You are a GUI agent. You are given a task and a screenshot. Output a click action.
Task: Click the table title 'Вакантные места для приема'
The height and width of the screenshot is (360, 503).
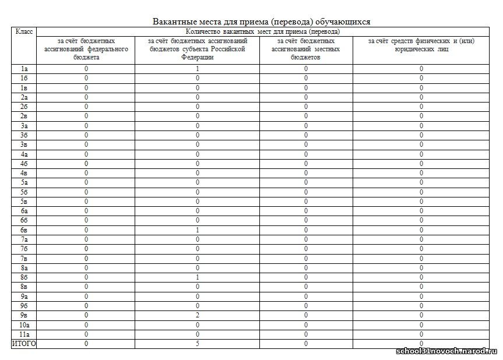261,22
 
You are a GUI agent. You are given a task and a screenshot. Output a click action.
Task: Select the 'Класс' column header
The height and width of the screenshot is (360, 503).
24,31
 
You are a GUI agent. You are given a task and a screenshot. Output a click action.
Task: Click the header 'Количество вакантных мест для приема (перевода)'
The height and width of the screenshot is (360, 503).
262,31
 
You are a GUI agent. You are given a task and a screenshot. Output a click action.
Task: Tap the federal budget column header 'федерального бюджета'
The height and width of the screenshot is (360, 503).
86,50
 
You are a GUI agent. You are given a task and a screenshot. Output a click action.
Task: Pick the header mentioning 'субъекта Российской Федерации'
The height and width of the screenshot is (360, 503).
198,50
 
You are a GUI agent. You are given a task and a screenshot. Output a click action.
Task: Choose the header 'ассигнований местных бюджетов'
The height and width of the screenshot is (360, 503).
305,50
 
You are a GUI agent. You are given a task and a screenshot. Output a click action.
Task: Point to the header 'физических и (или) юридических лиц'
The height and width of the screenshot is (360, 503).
421,45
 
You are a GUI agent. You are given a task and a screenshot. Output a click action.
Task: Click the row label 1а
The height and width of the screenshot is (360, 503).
24,69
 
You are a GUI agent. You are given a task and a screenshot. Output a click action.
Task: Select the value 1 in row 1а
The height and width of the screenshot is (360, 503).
198,69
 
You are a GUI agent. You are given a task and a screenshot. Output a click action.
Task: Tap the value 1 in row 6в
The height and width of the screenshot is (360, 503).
198,230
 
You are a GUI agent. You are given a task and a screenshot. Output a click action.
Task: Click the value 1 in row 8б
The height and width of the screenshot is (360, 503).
198,277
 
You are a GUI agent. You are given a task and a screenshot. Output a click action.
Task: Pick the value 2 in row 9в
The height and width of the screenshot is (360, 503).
198,315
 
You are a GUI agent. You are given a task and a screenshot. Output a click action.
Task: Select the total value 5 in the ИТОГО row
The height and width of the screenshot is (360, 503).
198,344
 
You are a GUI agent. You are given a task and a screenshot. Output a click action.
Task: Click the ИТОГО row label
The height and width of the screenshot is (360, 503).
24,344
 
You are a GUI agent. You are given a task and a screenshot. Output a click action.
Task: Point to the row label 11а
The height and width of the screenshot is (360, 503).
24,334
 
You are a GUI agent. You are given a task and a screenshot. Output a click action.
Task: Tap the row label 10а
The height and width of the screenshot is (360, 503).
24,324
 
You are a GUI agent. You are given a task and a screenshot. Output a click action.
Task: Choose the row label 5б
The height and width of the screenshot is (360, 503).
24,192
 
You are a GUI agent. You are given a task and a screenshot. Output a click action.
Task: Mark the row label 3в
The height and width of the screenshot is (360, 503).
24,144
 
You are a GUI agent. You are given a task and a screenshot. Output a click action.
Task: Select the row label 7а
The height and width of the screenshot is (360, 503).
24,239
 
